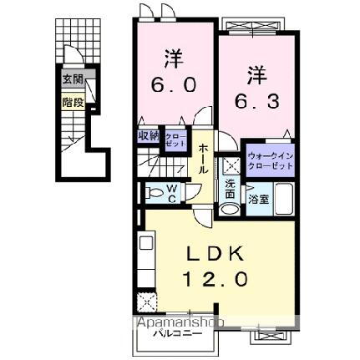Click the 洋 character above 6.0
tap(174, 59)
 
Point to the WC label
tap(171, 194)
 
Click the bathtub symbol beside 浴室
tap(282, 201)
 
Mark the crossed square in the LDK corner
tap(148, 301)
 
